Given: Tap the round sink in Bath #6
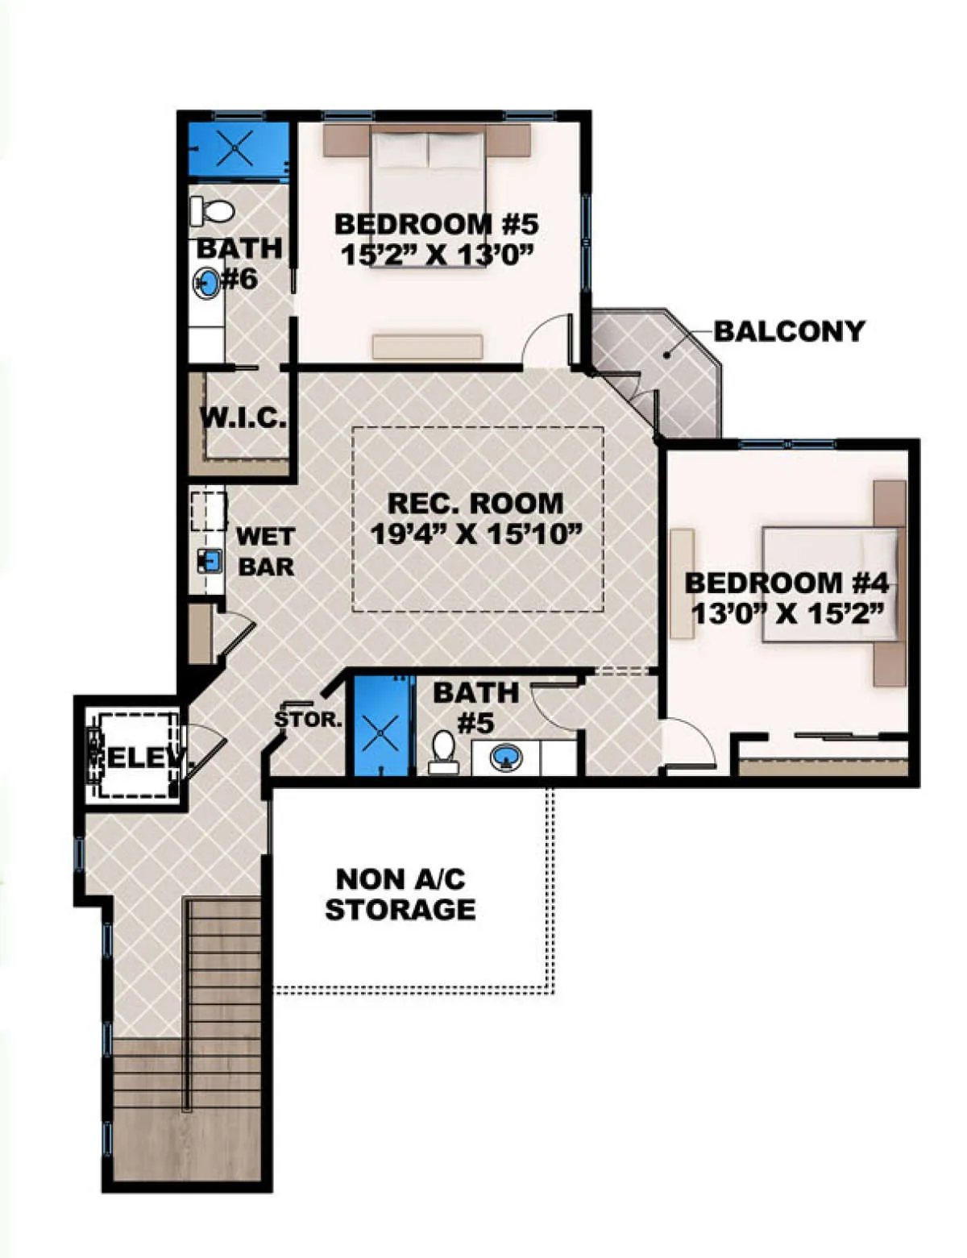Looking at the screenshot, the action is click(206, 283).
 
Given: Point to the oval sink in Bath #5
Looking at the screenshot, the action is click(506, 757).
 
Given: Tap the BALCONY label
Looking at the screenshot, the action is click(789, 331).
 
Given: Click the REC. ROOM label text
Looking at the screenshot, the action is click(475, 503).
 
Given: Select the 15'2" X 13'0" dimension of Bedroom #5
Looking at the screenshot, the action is click(436, 255).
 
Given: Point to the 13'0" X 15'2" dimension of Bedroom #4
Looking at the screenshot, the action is click(788, 613).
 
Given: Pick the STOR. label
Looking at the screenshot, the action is click(309, 720).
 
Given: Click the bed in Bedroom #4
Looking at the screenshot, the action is click(831, 584).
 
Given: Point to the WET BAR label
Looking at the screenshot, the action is click(266, 552).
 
